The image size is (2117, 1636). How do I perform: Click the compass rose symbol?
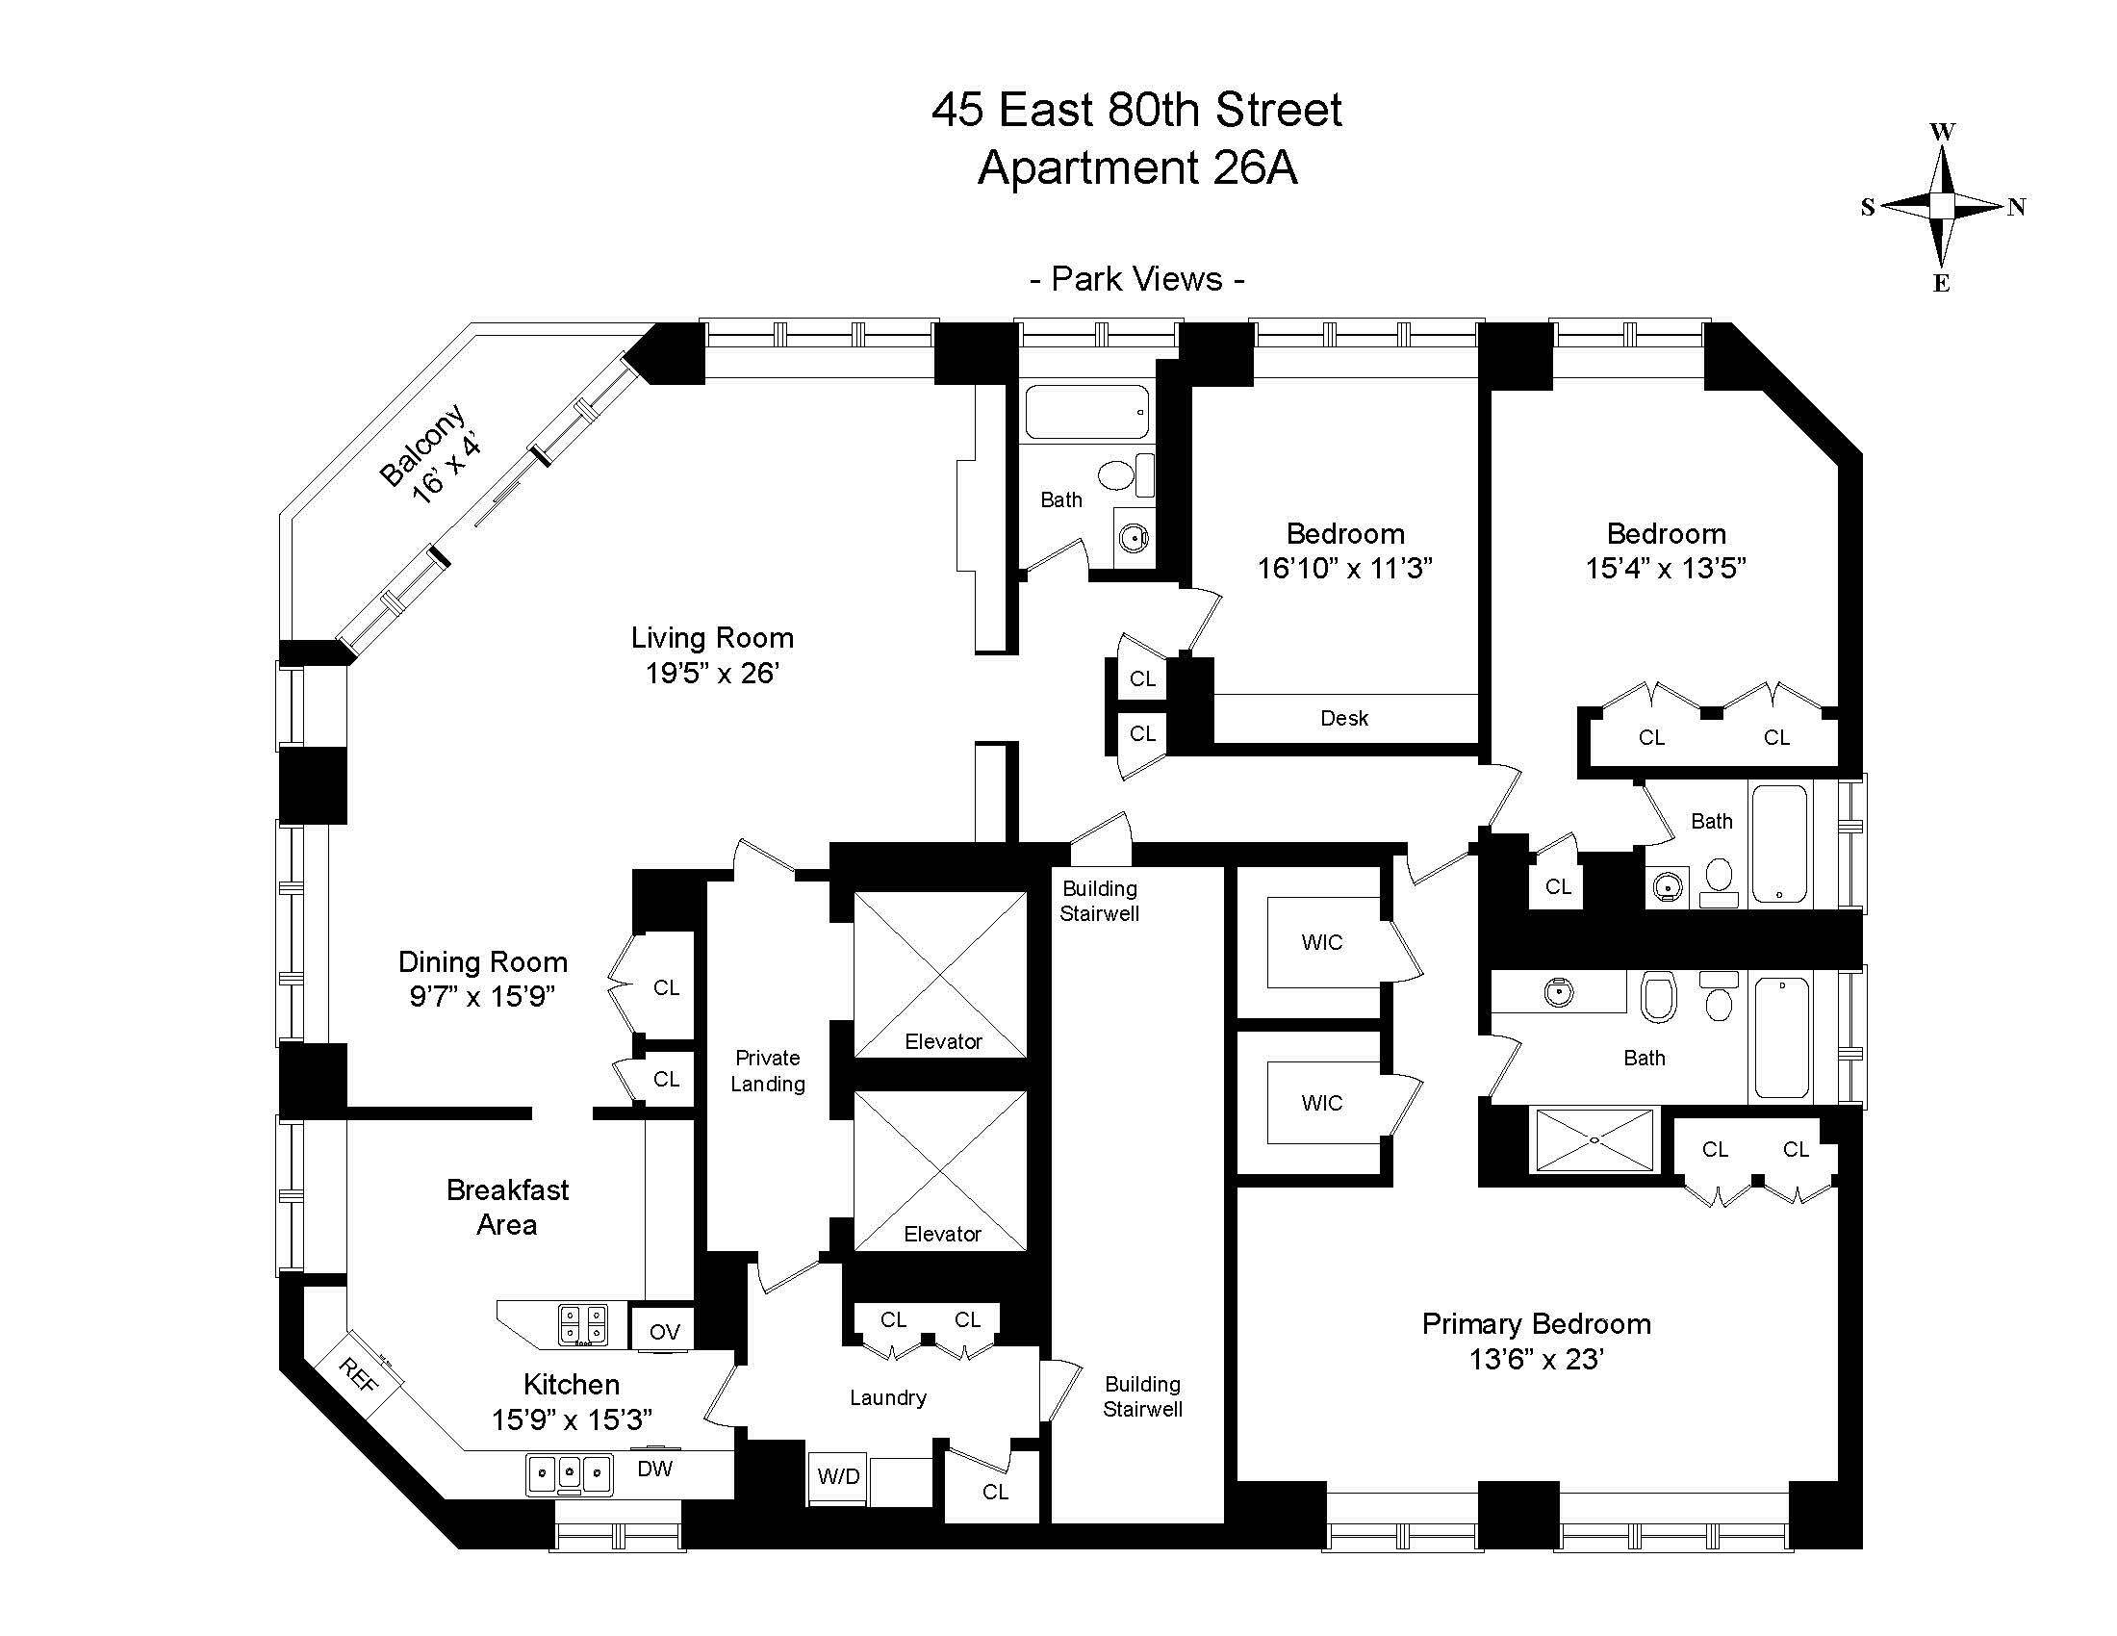pos(1942,207)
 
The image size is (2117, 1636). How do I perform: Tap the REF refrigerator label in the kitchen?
pos(358,1374)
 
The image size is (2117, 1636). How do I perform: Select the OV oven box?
pos(664,1332)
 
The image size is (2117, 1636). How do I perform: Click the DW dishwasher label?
pos(655,1469)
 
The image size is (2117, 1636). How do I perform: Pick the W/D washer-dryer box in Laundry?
pos(837,1476)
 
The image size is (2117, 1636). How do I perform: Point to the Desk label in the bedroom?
pos(1344,718)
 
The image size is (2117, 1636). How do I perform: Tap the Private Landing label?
pos(768,1070)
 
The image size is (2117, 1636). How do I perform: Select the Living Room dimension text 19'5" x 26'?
pos(712,673)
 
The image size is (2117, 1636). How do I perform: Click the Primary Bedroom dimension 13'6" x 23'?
pos(1537,1360)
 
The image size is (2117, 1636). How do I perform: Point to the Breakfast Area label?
pos(507,1207)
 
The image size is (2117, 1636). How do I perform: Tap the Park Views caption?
pos(1136,279)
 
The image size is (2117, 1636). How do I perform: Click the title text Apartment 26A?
pos(1137,167)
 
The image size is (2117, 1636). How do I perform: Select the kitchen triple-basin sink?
pos(570,1474)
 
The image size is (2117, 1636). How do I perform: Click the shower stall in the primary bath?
pos(1594,1140)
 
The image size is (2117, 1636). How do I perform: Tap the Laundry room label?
pos(888,1396)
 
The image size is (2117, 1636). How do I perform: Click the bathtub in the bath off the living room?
pos(1086,413)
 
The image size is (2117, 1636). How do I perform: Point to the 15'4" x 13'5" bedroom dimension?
pos(1666,568)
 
